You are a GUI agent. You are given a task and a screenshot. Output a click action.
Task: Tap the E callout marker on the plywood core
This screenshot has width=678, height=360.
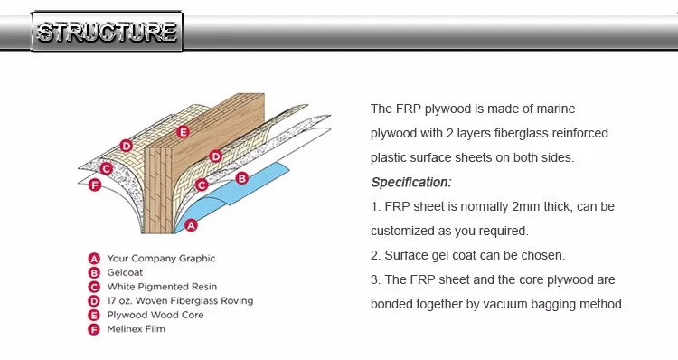(183, 132)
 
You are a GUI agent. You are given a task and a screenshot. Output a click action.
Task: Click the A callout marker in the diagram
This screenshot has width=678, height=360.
(191, 225)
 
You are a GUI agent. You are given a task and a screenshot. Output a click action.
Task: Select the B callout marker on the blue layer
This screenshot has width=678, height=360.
(241, 178)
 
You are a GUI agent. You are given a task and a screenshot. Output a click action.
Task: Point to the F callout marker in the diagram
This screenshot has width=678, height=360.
(95, 185)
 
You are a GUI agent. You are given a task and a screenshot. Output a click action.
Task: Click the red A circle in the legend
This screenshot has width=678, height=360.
(93, 258)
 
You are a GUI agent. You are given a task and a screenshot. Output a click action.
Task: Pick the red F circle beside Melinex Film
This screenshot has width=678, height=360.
(93, 329)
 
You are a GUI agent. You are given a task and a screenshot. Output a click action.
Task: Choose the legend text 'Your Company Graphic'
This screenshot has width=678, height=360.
(161, 258)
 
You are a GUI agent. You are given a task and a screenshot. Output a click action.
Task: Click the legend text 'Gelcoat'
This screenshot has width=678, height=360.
(126, 272)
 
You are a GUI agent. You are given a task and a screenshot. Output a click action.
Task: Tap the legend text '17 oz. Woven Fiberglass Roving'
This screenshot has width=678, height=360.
(180, 300)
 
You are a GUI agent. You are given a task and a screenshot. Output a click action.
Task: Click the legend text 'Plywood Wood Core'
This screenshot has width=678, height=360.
(155, 315)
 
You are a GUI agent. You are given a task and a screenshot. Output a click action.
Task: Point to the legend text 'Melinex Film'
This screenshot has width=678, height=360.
(136, 329)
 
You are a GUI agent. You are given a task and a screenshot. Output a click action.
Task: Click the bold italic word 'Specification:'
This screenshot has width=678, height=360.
(411, 182)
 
